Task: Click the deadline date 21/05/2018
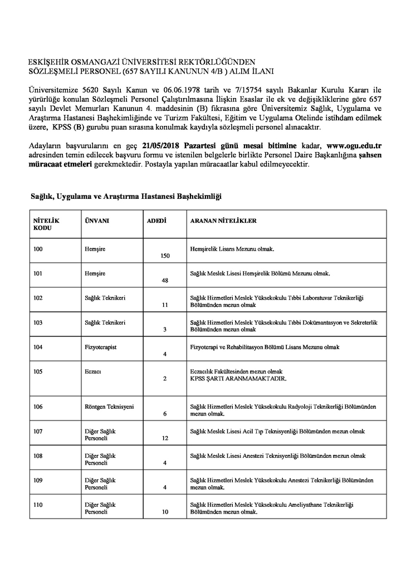click(x=166, y=145)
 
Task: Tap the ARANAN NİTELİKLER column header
click(x=223, y=221)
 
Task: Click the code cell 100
click(x=38, y=249)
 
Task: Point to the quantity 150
click(x=165, y=256)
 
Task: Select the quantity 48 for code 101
click(x=165, y=280)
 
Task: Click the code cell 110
click(x=38, y=504)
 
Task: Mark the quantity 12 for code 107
click(x=165, y=438)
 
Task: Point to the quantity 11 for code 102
click(x=165, y=305)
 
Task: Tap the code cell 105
click(x=38, y=372)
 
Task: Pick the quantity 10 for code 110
click(x=165, y=511)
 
